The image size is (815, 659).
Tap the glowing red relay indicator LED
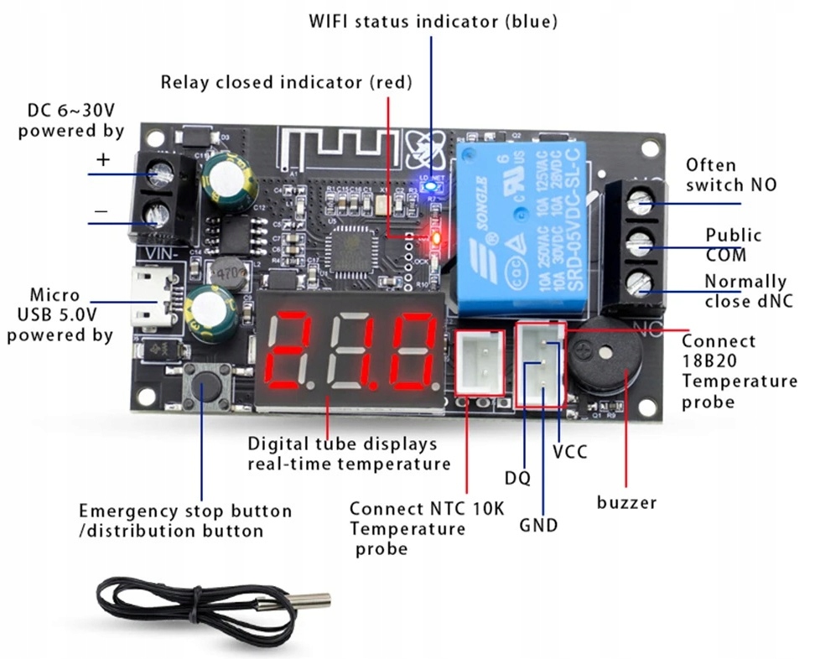point(436,239)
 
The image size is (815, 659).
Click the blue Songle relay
point(520,226)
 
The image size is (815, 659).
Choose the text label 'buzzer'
point(626,502)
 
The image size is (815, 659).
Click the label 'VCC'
point(569,452)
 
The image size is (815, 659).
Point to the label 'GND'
point(538,526)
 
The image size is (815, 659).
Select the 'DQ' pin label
point(517,478)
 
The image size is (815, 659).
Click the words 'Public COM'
point(733,245)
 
